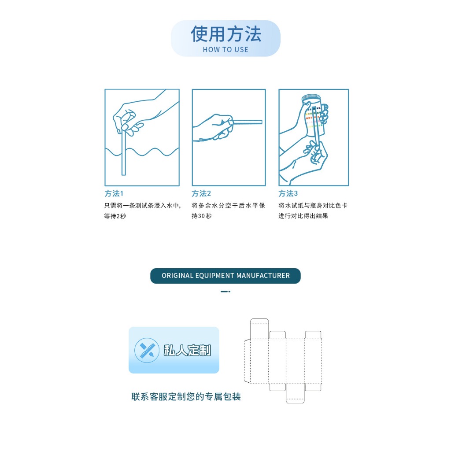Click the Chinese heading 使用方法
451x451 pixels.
coord(226,34)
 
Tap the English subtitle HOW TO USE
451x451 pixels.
coord(225,50)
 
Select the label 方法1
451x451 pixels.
coord(114,193)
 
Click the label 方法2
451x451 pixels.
coord(201,193)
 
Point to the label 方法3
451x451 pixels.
coord(288,193)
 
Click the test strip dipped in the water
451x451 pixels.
coord(124,152)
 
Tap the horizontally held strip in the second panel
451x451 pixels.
coord(248,122)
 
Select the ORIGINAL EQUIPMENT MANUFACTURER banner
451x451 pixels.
coord(225,276)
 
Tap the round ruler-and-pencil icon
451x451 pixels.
coord(147,350)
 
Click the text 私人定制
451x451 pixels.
coord(187,350)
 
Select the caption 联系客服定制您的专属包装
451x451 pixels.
coord(186,397)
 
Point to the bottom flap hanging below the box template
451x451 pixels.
coord(295,393)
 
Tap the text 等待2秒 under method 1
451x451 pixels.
coord(115,216)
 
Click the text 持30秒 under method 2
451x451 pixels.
coord(202,216)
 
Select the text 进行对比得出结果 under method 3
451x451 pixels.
coord(303,216)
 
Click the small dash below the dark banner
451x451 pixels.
coord(225,292)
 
